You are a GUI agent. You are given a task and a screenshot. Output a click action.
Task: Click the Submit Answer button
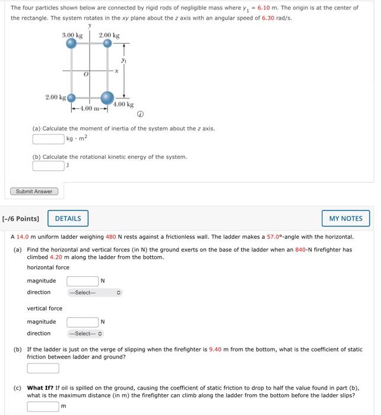tap(34, 191)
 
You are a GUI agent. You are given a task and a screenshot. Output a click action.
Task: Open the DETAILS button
tap(68, 218)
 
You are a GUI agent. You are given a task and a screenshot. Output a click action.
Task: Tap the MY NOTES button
tap(345, 218)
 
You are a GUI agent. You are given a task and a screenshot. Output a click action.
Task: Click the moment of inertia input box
tap(48, 139)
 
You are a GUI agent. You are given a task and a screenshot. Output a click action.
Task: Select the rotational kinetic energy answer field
tap(48, 166)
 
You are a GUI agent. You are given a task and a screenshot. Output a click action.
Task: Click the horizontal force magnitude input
tap(82, 280)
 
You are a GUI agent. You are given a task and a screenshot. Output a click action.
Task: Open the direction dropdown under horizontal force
tap(94, 292)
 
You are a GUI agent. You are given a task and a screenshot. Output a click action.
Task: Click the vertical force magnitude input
tap(82, 322)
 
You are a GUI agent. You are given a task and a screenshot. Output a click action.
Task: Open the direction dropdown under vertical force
tap(85, 333)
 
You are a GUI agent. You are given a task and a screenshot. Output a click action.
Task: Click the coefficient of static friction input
tap(43, 368)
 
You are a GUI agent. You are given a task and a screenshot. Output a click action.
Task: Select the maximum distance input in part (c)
tap(43, 406)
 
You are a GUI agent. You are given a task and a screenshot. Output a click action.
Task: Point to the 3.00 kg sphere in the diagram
tap(71, 43)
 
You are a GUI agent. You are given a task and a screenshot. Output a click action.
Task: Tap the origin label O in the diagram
tap(86, 75)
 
